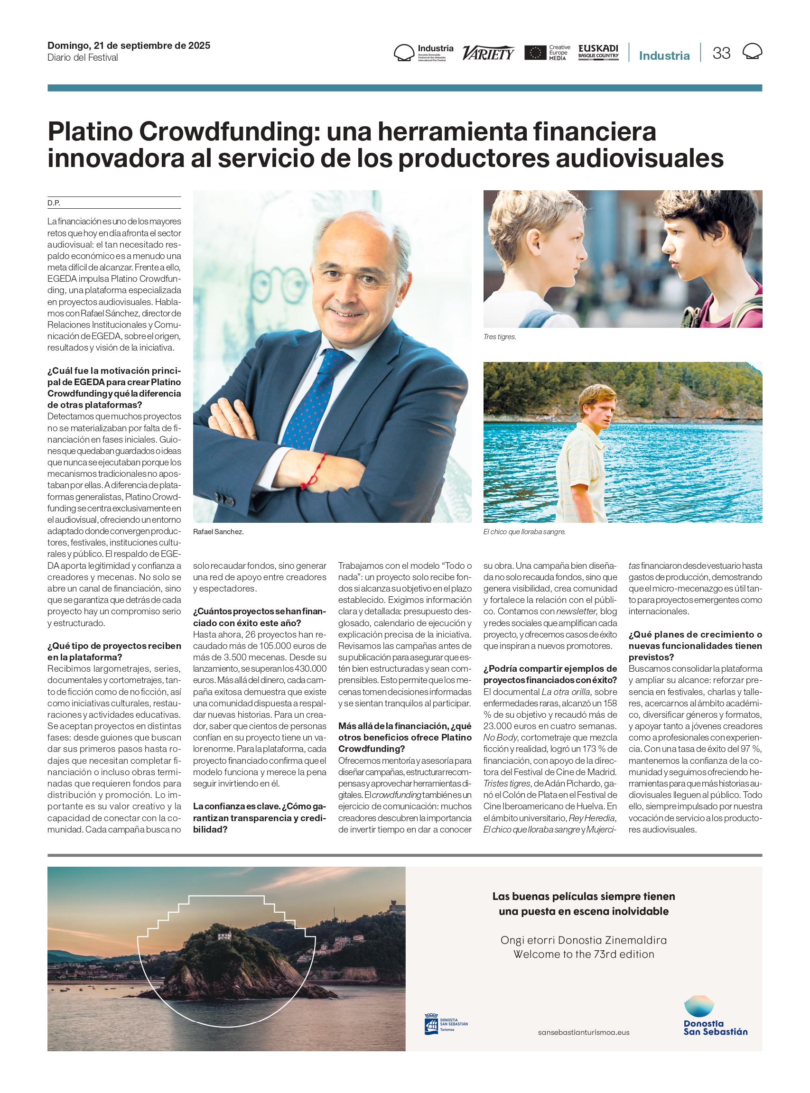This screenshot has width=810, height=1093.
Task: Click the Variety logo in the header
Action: pos(488,53)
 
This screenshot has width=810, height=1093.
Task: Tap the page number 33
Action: pos(721,53)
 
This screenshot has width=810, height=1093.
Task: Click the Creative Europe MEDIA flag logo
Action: pos(535,53)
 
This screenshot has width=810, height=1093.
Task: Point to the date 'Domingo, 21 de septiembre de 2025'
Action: pos(129,46)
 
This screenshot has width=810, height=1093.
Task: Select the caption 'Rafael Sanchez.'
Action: pos(218,532)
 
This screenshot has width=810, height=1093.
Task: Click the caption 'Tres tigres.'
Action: pos(499,337)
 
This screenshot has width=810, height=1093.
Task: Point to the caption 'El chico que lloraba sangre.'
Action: pos(524,532)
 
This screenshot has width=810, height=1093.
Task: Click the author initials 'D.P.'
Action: pos(54,203)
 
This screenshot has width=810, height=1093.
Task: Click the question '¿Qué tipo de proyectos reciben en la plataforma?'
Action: pos(114,651)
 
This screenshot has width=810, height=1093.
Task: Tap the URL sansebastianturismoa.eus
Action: pos(584,1032)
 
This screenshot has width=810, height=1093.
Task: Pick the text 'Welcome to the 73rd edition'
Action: pos(584,954)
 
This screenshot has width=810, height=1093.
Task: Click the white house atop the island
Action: pos(224,936)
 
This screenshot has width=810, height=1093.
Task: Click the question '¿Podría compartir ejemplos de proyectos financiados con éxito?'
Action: pos(549,675)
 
